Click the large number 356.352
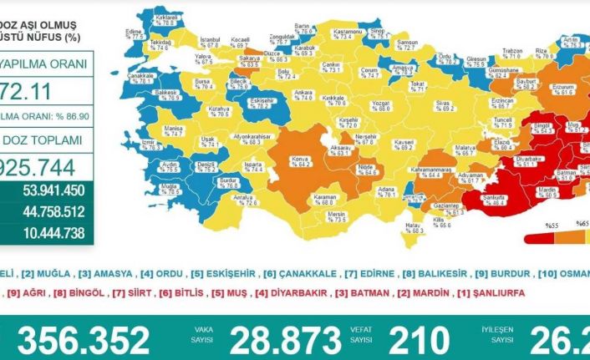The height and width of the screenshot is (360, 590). pyautogui.click(x=84, y=340)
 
